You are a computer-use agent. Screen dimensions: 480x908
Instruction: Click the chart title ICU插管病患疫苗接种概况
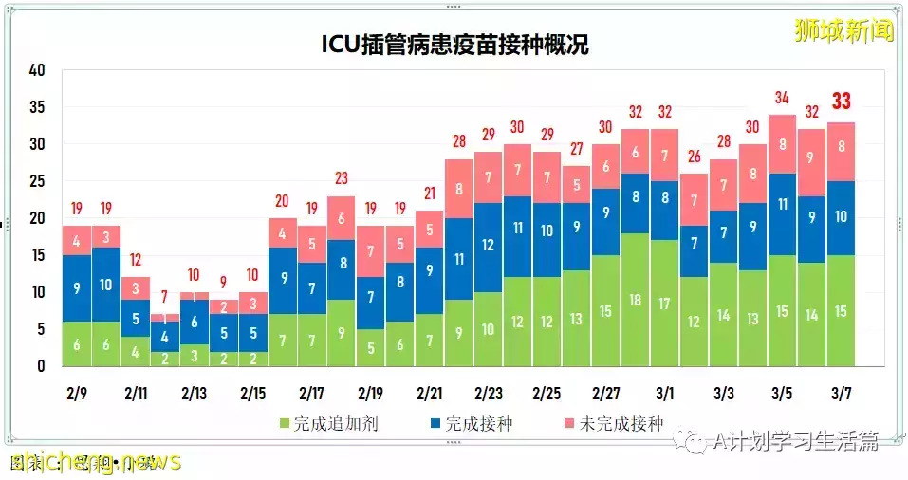click(453, 45)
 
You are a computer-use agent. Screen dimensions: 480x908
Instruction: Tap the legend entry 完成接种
click(470, 423)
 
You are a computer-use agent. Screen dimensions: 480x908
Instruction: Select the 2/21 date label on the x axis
click(429, 393)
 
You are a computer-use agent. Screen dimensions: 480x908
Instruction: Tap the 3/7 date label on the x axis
click(840, 393)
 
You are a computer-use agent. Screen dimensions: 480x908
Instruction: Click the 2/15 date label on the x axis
click(252, 393)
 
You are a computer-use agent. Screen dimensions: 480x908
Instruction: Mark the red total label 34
click(782, 98)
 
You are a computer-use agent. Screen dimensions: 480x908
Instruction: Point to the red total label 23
click(342, 178)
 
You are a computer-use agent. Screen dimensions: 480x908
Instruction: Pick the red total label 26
click(694, 157)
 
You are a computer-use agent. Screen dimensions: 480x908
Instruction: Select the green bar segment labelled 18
click(635, 299)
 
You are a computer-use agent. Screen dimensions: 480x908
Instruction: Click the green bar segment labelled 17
click(664, 303)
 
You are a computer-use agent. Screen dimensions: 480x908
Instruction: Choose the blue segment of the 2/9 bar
click(77, 287)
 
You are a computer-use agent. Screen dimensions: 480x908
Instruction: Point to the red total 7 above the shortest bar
click(165, 296)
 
